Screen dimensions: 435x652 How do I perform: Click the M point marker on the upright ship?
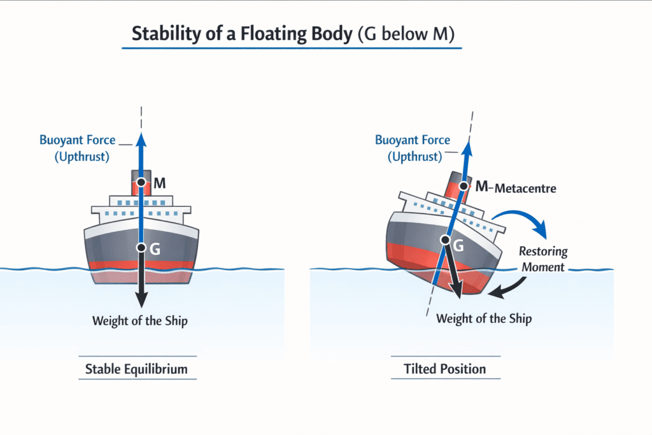(x=141, y=183)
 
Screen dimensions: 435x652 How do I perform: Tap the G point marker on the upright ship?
(x=141, y=248)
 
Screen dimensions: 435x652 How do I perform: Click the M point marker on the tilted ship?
(x=464, y=187)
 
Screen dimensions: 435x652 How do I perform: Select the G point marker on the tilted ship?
(x=446, y=240)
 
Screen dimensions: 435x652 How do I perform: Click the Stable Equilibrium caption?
(x=137, y=369)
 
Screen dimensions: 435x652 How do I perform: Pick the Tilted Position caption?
(x=444, y=369)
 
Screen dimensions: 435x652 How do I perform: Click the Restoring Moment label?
(x=542, y=259)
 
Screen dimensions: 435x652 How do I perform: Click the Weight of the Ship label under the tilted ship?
(x=484, y=318)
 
